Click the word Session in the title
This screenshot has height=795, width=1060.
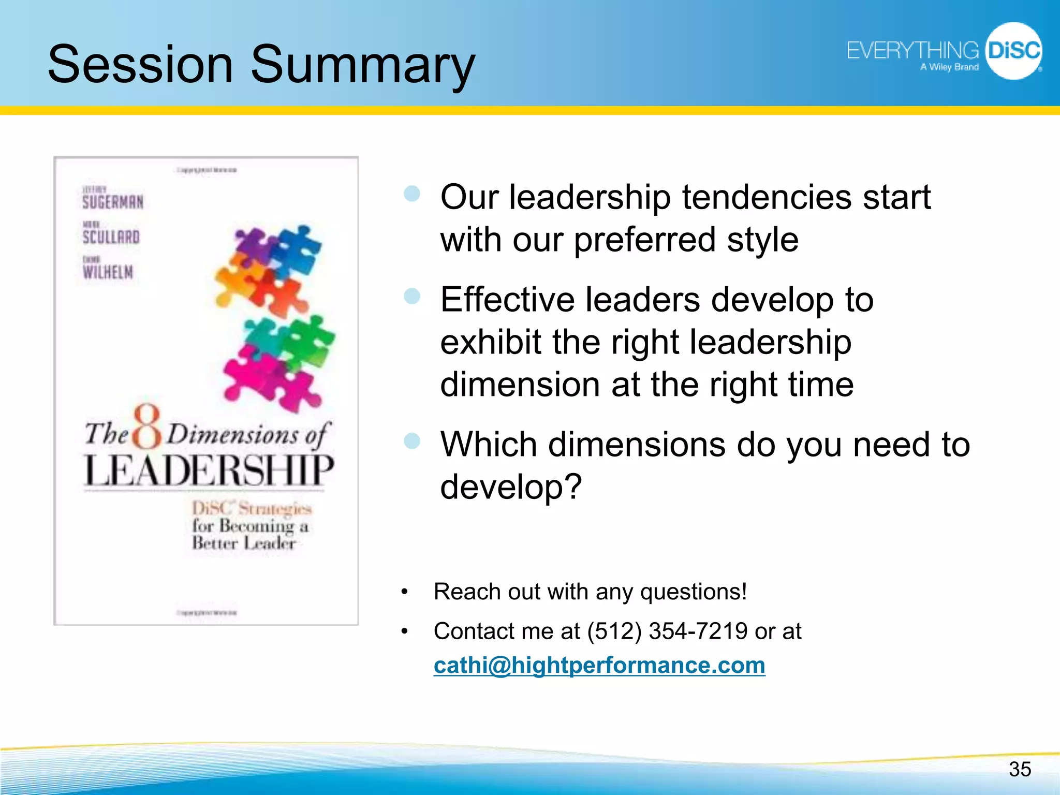coord(140,64)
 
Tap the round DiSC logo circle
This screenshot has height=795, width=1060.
coord(1013,51)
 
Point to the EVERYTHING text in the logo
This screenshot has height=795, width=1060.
coord(912,51)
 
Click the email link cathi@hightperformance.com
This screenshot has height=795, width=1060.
coord(599,665)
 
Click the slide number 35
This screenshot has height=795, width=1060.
coord(1020,769)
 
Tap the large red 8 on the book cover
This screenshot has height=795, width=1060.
coord(147,428)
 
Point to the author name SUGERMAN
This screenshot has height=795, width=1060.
coord(113,201)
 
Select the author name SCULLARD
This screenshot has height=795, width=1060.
coord(111,237)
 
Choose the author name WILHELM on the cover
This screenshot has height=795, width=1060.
coord(108,272)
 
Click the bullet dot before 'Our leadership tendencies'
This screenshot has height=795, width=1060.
coord(412,194)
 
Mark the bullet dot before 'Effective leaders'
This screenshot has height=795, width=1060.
coord(412,297)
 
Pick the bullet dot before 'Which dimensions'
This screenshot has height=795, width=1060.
coord(412,441)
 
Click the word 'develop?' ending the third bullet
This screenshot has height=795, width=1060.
coord(511,487)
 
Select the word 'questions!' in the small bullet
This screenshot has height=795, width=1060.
coord(694,592)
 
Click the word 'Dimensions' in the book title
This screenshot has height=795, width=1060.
coord(233,434)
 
